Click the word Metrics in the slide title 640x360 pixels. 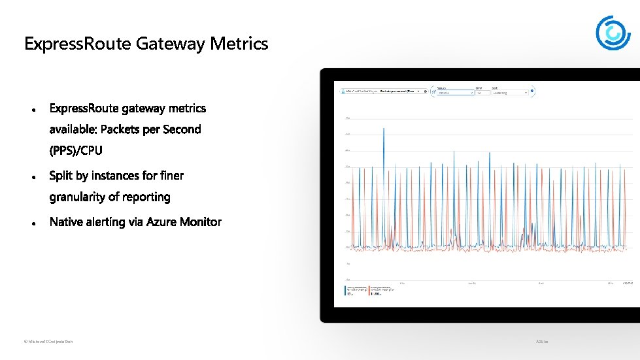239,44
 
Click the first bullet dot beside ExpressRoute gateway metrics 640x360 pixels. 32,109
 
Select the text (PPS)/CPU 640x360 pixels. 76,151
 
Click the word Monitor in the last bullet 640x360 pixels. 200,222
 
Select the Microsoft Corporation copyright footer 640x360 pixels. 48,342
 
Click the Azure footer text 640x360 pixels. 542,342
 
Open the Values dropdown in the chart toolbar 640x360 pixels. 454,93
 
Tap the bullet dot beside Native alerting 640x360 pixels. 32,223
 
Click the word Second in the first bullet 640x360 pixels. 182,129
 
